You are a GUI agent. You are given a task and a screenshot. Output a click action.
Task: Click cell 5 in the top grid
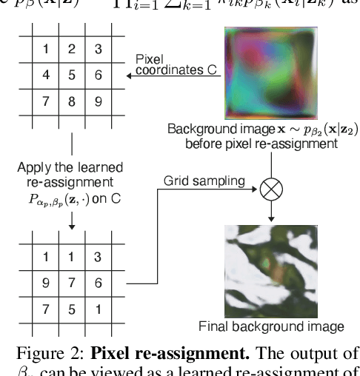72,75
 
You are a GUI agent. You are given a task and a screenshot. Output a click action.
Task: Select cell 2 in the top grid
72,50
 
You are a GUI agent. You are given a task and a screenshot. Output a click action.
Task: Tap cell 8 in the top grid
72,100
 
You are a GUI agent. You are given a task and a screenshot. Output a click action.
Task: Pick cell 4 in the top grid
45,75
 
